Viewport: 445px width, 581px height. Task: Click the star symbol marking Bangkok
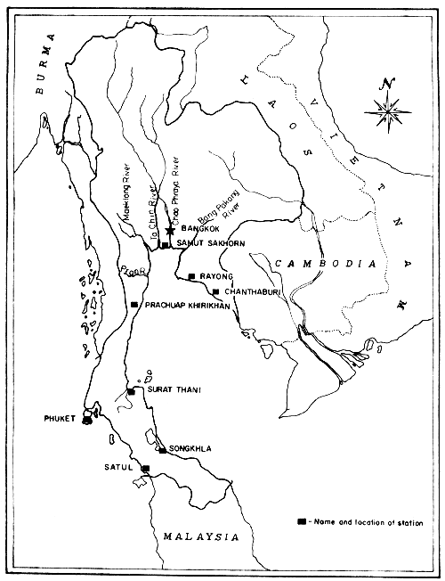pos(169,230)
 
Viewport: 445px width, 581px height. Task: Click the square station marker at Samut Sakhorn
pos(165,244)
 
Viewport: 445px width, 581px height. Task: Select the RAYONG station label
pos(218,276)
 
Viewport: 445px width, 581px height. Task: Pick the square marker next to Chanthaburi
pos(215,291)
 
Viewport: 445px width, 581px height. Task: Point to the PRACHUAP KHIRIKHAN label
pos(188,306)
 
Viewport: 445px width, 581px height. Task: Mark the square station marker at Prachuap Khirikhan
pos(134,305)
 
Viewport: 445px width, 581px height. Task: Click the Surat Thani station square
pos(131,391)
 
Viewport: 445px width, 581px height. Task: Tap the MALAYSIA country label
pos(199,537)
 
